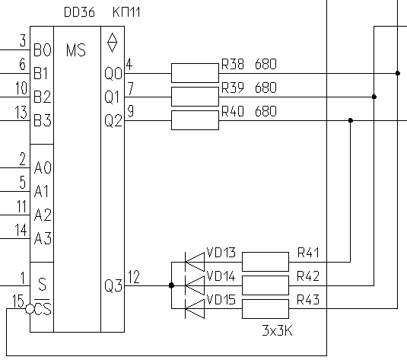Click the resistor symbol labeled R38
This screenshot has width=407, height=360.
[x=195, y=73]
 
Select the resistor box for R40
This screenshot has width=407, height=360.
[x=195, y=120]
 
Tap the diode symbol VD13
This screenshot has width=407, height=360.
[x=195, y=262]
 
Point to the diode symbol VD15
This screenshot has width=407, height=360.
[x=195, y=308]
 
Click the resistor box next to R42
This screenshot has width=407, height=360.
[x=266, y=285]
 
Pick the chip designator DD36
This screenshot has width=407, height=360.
[x=79, y=12]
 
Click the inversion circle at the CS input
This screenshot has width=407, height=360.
[x=30, y=309]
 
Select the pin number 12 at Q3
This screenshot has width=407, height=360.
[x=134, y=277]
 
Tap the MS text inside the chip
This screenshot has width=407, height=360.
[x=76, y=50]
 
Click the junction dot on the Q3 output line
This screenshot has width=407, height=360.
[x=171, y=285]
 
